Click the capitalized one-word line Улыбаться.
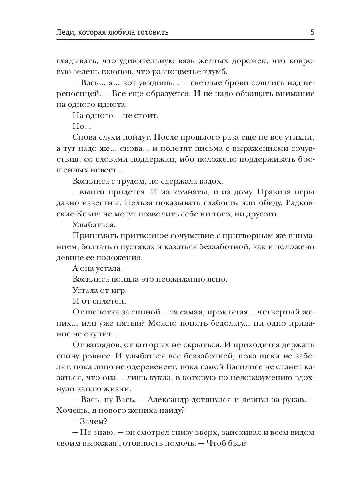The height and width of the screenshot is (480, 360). pos(91,225)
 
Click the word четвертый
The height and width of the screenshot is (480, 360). pos(277,312)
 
